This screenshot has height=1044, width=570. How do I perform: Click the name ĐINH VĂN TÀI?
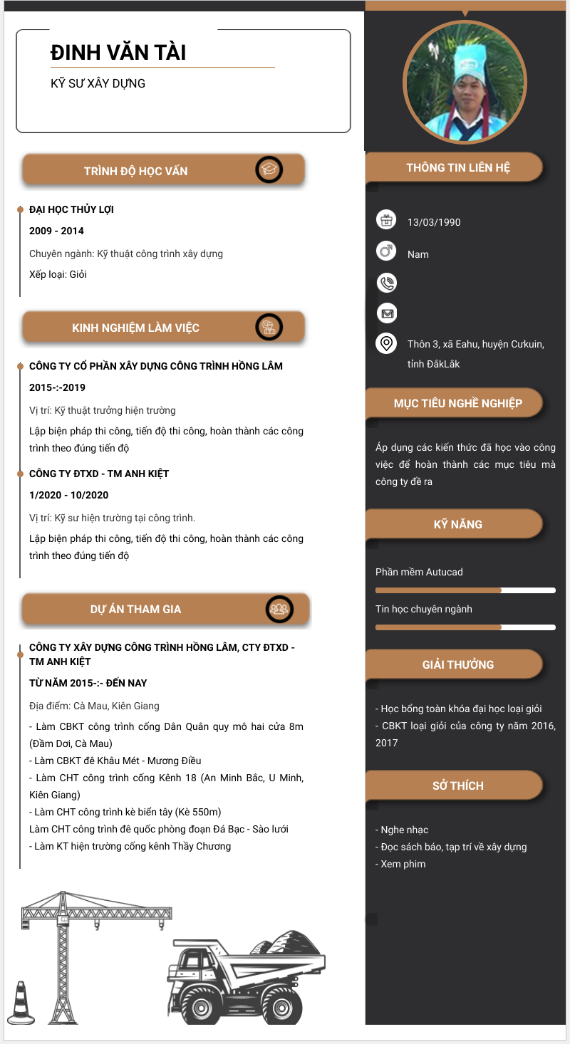[118, 53]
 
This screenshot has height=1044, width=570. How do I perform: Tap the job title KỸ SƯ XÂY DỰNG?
[98, 83]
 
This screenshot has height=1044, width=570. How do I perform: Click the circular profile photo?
[465, 81]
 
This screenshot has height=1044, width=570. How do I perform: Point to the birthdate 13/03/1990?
[434, 222]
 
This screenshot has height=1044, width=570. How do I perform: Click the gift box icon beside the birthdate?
[386, 220]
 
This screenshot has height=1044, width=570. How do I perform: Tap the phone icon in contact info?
[386, 283]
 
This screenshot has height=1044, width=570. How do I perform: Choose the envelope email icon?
[386, 313]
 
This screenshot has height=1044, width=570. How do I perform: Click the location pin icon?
[386, 344]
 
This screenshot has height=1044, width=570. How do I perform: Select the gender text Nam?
[418, 254]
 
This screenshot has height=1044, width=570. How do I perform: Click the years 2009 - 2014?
[56, 231]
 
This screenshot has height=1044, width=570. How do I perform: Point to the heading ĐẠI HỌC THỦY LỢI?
[71, 209]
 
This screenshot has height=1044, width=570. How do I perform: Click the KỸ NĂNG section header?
[457, 524]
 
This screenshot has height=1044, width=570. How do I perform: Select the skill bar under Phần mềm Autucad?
[465, 590]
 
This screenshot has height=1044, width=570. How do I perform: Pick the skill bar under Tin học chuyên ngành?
[465, 627]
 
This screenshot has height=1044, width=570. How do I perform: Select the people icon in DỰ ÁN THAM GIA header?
[279, 610]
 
